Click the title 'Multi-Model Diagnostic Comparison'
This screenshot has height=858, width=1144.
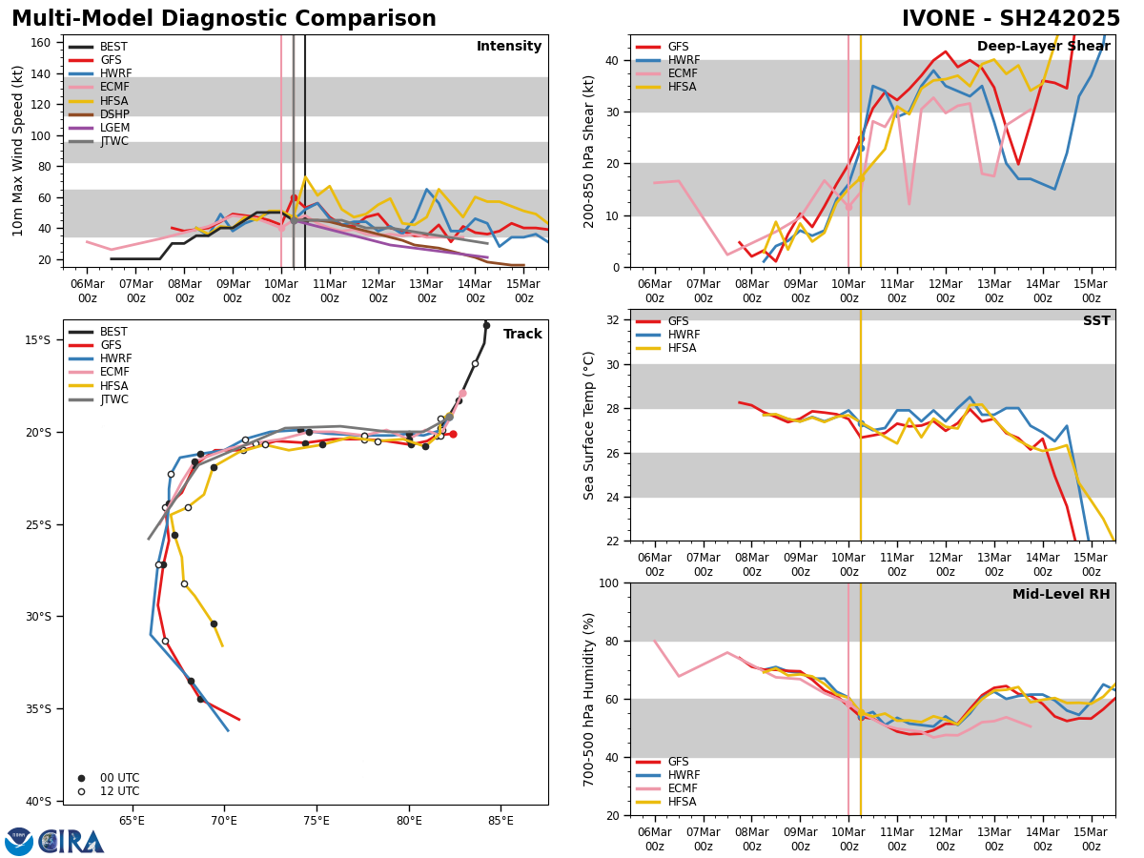coord(224,19)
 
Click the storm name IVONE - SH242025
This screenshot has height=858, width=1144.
coord(1011,19)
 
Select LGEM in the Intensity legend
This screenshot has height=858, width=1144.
coord(115,128)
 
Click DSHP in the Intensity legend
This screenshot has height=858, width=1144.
coord(115,114)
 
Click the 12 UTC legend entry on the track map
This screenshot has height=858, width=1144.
coord(119,791)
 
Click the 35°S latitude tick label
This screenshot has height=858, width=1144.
coord(38,708)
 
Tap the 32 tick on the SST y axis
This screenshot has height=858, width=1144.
coord(615,320)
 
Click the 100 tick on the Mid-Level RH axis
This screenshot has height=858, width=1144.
coord(611,582)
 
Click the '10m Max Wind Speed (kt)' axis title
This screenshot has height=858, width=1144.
coord(18,151)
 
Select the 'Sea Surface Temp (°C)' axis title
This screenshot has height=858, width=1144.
coord(589,425)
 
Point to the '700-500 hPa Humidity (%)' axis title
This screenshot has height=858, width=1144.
coord(589,699)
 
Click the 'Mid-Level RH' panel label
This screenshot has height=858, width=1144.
coord(1061,595)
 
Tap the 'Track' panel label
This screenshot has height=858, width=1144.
coord(522,335)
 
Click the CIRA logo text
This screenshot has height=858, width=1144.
coord(71,842)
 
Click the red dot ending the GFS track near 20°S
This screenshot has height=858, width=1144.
coord(453,434)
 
